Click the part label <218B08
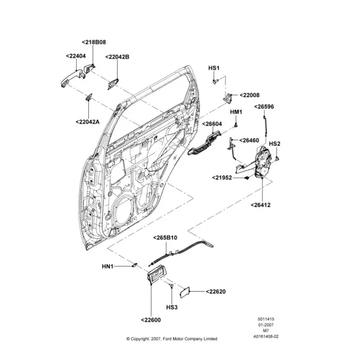94,42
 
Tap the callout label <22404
76,56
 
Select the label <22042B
118,57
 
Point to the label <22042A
88,122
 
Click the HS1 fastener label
214,68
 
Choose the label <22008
250,95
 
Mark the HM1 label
236,112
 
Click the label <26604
212,124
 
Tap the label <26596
264,107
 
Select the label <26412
260,205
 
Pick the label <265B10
166,238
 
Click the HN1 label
107,266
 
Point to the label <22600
151,320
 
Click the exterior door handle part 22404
73,77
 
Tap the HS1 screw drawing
215,81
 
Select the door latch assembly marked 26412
263,162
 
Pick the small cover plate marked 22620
184,293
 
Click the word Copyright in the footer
140,339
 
